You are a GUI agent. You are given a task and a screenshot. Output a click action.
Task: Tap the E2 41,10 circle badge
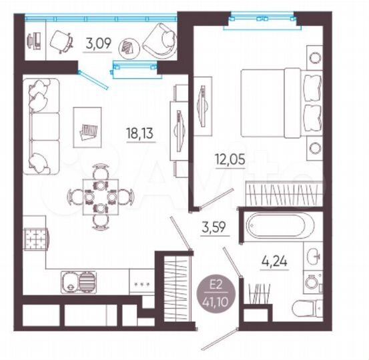216,291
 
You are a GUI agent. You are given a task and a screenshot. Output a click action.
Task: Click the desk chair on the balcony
62,41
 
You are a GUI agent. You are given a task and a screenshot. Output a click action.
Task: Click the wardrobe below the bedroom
276,195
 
